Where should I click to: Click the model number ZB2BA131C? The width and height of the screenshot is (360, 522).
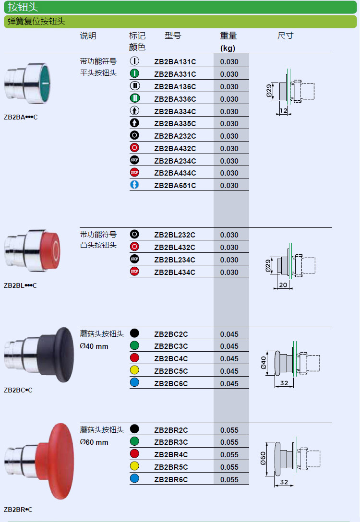175,62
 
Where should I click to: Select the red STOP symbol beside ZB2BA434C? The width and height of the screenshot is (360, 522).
134,172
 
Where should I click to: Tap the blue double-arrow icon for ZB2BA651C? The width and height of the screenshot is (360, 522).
134,185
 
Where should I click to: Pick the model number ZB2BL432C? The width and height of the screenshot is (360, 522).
175,248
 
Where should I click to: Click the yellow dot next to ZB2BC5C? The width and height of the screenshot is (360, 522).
134,370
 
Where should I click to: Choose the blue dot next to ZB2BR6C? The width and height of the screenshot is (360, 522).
134,479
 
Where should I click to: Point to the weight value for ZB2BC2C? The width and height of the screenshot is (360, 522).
229,334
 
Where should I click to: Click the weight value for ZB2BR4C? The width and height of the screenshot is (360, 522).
229,455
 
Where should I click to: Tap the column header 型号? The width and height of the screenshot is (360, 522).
173,36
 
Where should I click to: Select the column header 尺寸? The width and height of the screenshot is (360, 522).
286,36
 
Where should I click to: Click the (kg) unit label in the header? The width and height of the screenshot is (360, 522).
228,48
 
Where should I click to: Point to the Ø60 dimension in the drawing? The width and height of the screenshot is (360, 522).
263,458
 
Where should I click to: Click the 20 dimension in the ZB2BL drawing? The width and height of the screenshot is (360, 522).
283,285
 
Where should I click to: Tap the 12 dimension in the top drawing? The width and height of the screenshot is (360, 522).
283,110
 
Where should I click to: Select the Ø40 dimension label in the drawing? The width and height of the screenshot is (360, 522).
264,363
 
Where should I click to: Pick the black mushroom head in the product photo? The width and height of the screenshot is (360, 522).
56,355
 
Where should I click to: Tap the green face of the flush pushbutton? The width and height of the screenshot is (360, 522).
45,83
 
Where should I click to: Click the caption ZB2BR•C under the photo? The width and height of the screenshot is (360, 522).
18,510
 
